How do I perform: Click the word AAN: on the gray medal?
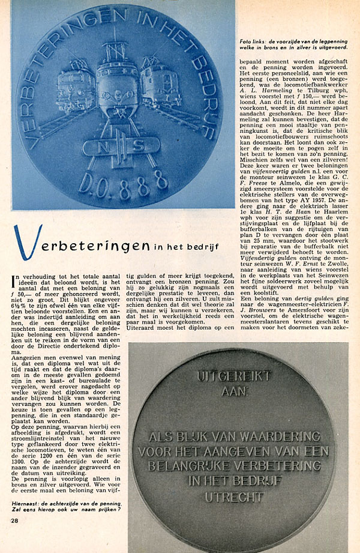[226, 390]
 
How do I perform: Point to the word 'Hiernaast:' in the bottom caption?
[29, 503]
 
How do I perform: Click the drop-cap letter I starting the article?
[15, 278]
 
